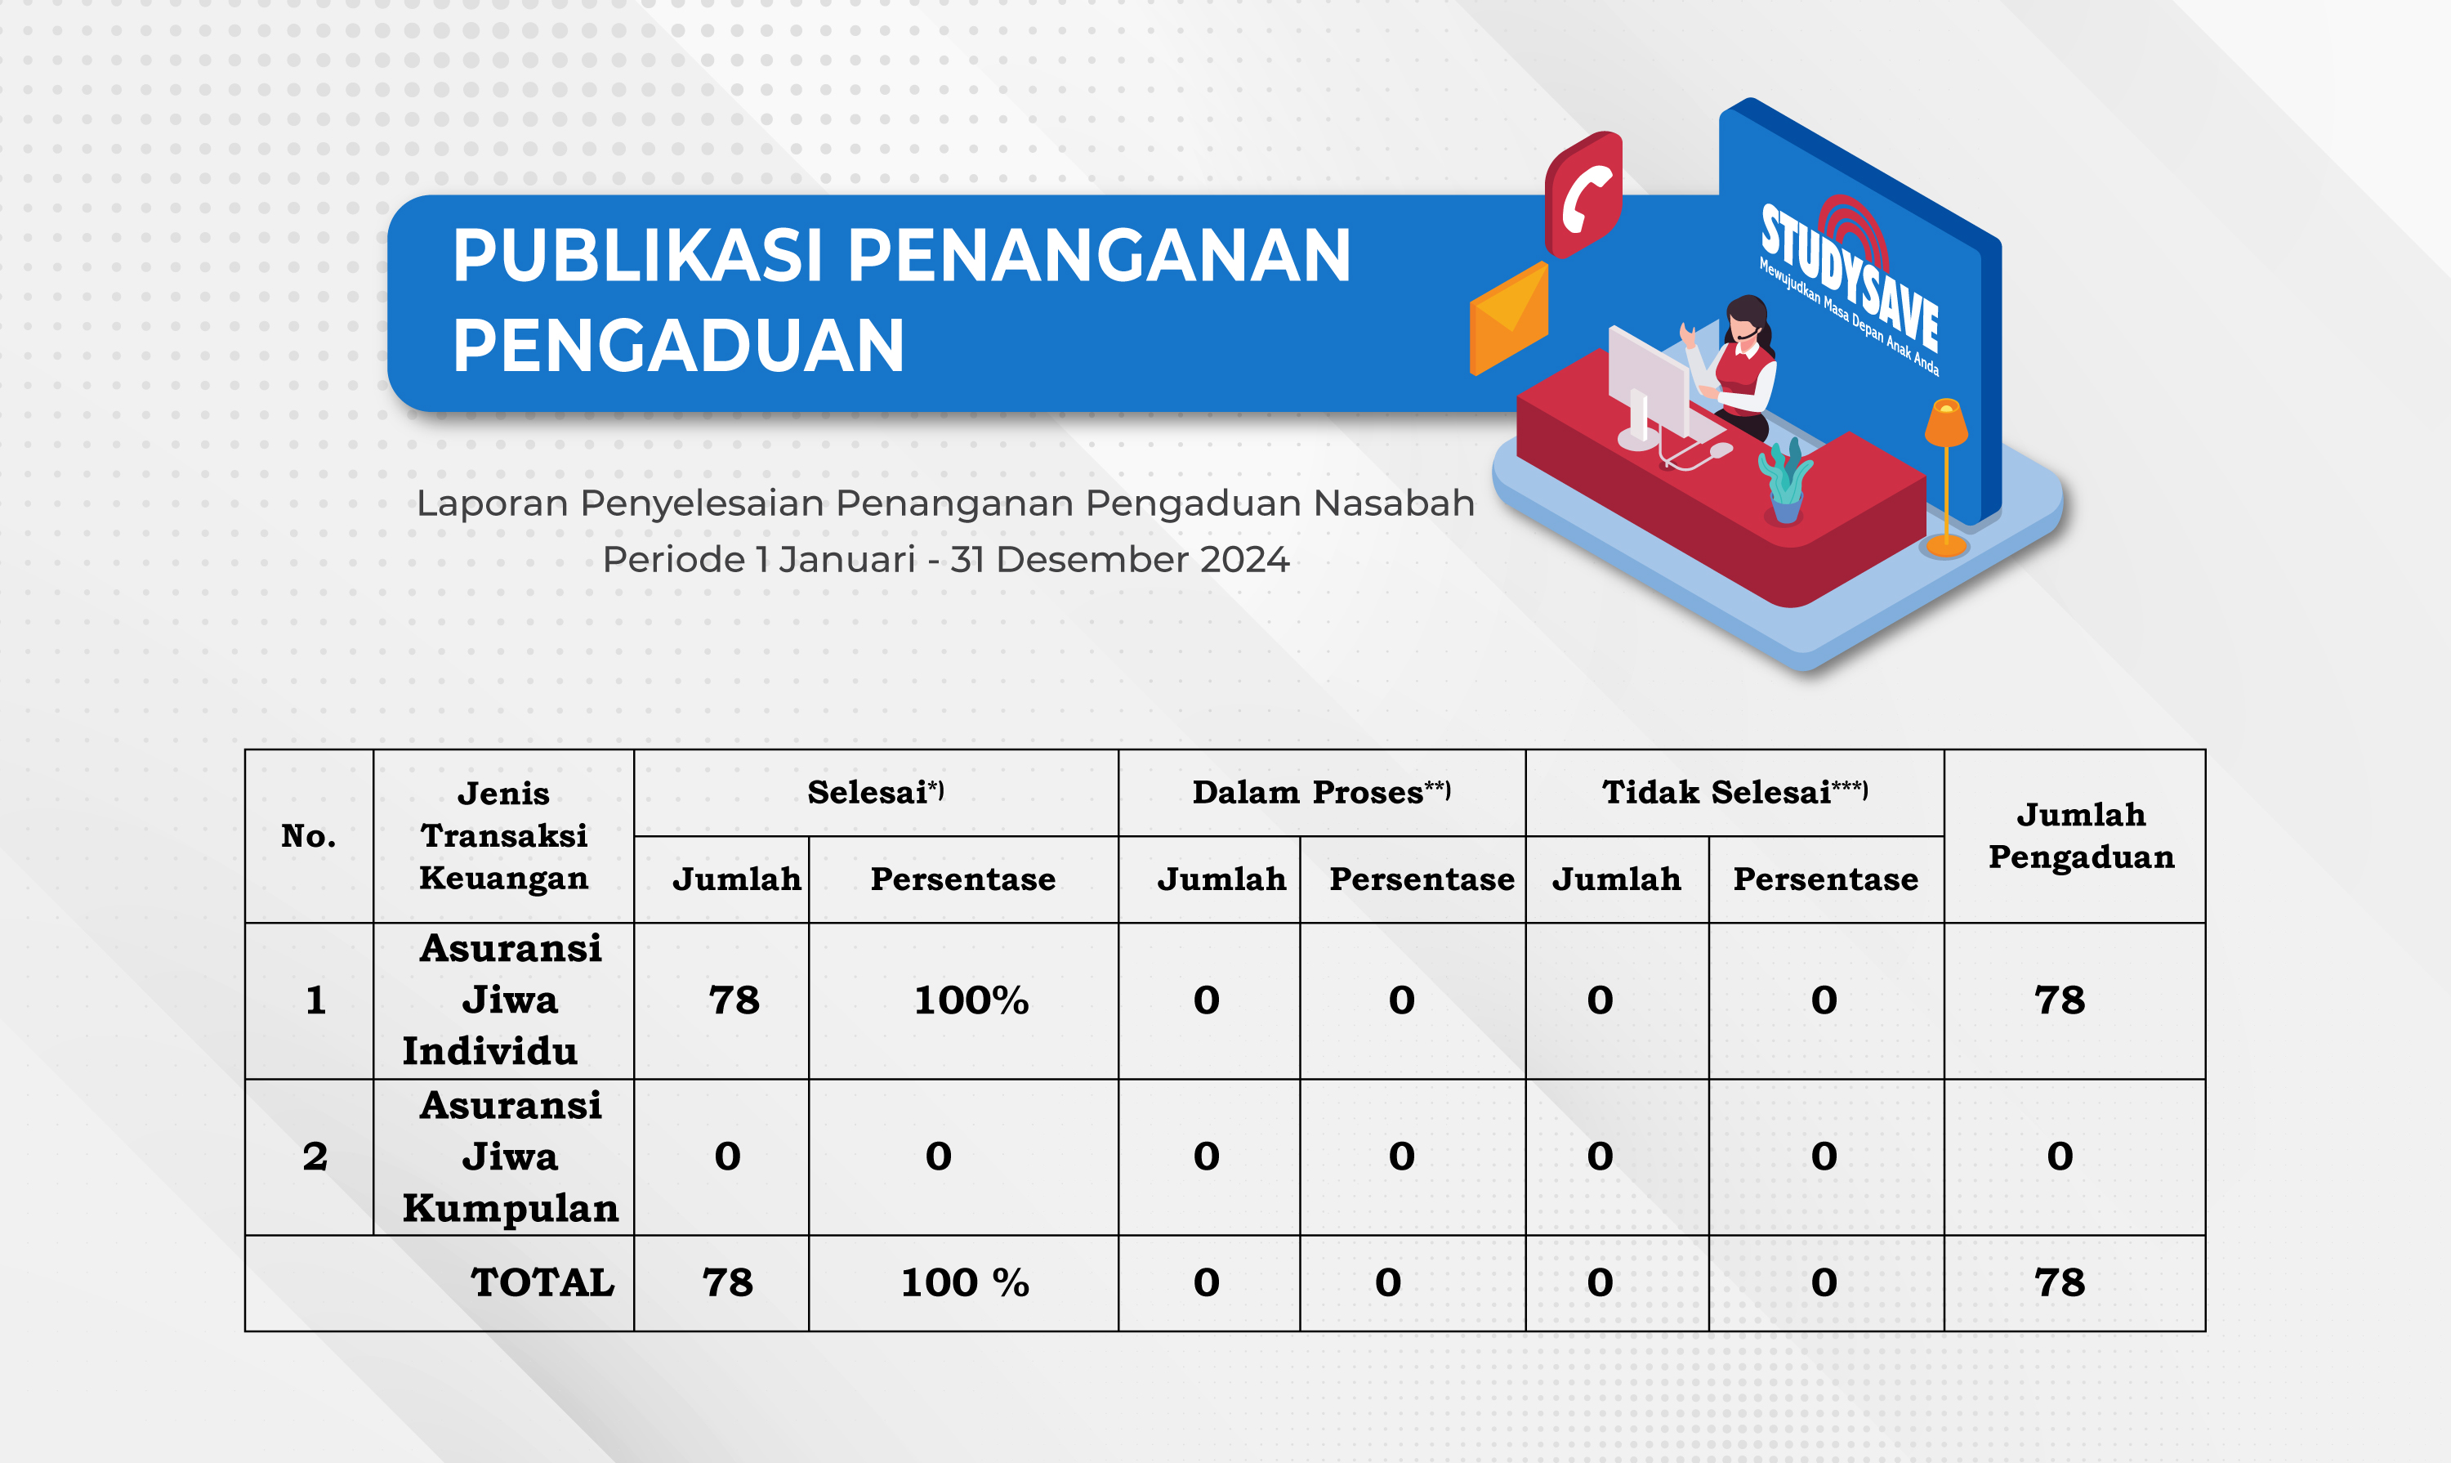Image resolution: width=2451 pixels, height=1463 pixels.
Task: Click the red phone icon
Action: [1583, 195]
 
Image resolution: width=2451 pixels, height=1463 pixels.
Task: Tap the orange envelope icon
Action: [1509, 317]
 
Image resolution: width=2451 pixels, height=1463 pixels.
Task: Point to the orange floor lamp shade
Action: [1946, 422]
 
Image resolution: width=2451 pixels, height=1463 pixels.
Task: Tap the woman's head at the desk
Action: [1748, 320]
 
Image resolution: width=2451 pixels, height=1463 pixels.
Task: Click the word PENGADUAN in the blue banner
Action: [678, 346]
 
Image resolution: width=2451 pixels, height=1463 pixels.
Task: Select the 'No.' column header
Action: [309, 836]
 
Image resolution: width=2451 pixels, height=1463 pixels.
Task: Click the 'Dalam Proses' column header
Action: [1320, 793]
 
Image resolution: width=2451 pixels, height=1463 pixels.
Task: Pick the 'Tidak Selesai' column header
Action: [1734, 793]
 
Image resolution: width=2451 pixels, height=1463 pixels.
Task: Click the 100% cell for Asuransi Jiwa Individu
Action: [971, 1000]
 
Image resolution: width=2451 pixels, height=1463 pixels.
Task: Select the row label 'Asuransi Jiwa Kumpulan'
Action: [510, 1157]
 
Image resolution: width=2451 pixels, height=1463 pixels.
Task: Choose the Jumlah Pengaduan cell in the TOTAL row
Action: [2060, 1282]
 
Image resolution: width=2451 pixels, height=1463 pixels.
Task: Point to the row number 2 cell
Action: [315, 1157]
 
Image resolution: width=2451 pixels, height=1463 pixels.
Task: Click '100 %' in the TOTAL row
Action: [965, 1282]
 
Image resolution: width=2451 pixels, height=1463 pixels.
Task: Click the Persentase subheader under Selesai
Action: [963, 879]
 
